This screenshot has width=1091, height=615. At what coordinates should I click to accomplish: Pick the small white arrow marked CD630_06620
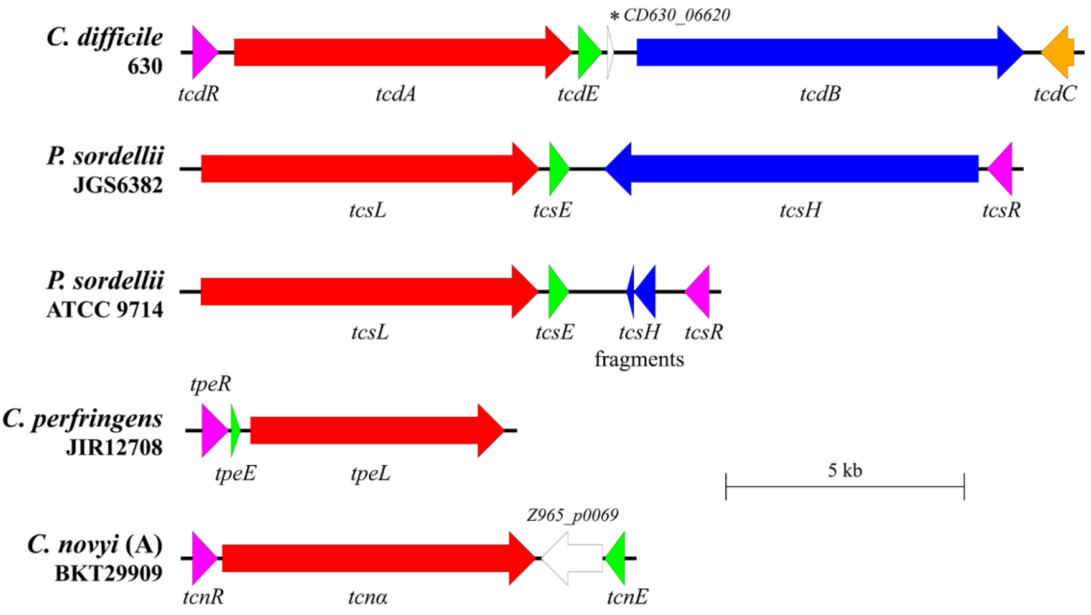pos(610,53)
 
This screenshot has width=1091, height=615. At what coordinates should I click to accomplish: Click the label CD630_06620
pos(677,16)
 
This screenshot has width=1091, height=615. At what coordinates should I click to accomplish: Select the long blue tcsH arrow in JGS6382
pos(796,169)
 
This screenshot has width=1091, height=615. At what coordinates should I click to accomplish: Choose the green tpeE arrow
pos(235,431)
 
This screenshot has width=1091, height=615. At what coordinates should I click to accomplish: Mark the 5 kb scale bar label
pos(845,470)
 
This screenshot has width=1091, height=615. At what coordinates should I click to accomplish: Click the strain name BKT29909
pos(109,574)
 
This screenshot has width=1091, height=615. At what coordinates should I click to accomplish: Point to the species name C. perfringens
pos(83,419)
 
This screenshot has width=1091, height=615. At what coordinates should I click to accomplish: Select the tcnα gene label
pos(368,598)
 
